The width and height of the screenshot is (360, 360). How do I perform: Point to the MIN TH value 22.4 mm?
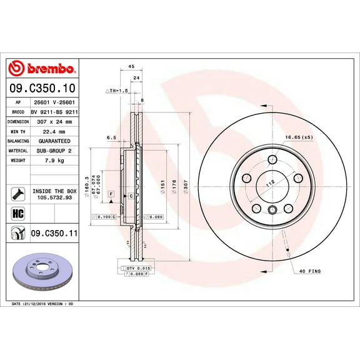56,132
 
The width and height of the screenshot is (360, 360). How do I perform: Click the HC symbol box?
17,214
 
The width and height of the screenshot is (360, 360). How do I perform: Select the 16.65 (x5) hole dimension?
299,137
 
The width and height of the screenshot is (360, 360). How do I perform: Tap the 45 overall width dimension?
131,66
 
